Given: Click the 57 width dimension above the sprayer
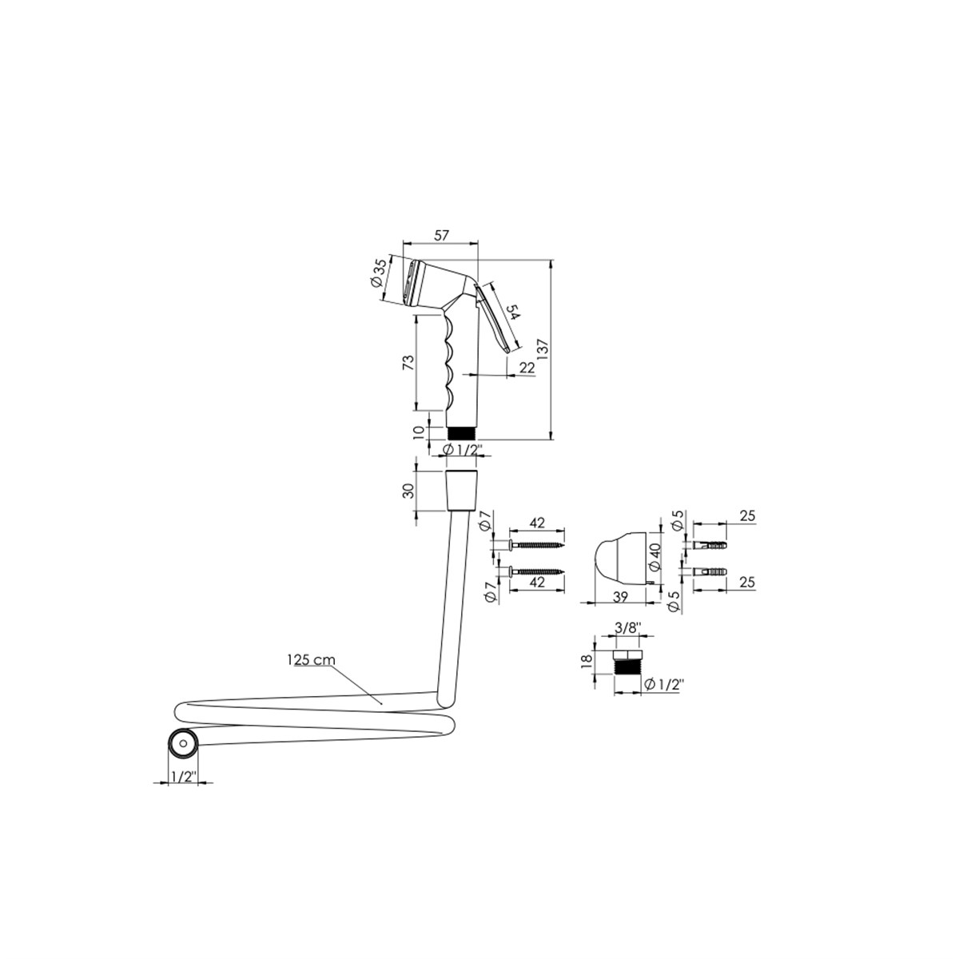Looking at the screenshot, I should [441, 235].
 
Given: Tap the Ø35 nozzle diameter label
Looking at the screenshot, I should [379, 273].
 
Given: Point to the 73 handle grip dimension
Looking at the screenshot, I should [408, 362].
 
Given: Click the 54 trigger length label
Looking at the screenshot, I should [512, 312].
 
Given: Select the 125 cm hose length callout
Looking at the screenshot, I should [311, 660].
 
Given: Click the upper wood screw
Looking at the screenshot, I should [536, 546].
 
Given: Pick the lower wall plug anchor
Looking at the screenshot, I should [710, 573].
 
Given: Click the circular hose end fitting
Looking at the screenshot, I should [183, 743].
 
